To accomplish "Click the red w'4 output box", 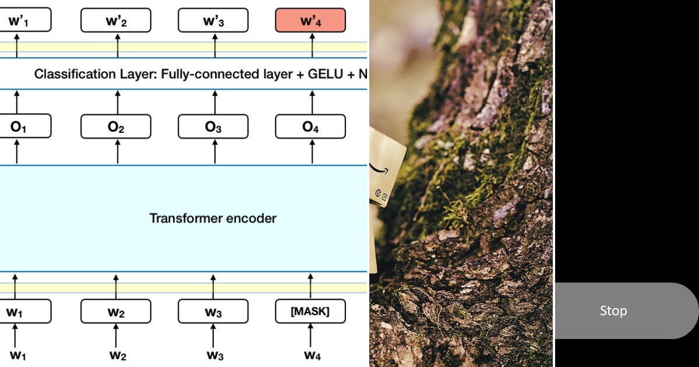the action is coord(310,20).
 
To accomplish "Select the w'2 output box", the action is coord(116,20).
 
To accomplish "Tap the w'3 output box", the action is coord(213,20).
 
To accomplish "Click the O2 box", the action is coord(116,126).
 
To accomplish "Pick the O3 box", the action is coord(213,126).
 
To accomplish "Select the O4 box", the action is coord(310,126).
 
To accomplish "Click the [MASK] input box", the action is coord(310,311).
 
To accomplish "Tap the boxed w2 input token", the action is coord(116,311).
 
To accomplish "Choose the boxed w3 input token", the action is coord(213,311).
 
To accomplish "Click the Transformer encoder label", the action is coord(213,218).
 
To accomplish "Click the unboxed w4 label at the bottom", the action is coord(312,355).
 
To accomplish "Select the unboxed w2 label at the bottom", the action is coord(118,355).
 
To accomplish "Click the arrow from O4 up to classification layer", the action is coord(312,103).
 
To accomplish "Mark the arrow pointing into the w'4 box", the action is coord(312,45).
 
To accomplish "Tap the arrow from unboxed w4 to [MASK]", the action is coord(310,335).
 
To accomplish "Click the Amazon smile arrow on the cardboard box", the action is coord(379,170).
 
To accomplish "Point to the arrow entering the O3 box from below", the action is coord(215,151).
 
